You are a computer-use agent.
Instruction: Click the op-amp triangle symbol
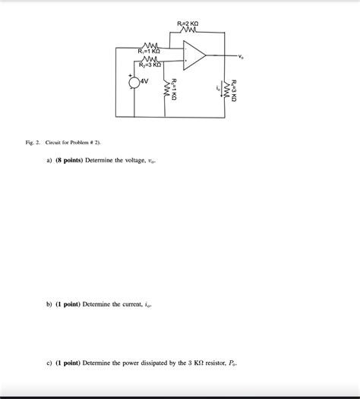[x=193, y=55]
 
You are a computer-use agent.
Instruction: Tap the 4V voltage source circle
[x=134, y=82]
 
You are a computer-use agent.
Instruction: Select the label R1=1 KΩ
[x=149, y=51]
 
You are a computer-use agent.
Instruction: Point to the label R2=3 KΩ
[x=150, y=65]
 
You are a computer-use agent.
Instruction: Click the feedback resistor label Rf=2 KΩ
[x=188, y=24]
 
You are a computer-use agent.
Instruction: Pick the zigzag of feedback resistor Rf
[x=188, y=31]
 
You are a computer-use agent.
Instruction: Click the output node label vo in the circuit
[x=242, y=56]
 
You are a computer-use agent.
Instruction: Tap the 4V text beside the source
[x=144, y=81]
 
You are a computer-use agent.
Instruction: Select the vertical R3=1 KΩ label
[x=174, y=89]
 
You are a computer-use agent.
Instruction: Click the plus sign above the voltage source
[x=130, y=74]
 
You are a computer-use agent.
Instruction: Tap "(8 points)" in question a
[x=69, y=161]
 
